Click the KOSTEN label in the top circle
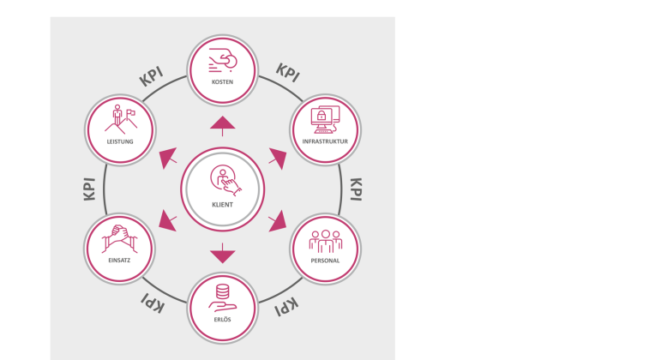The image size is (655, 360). tap(222, 82)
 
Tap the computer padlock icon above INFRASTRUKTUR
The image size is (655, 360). tap(325, 117)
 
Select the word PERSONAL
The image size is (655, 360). tap(325, 260)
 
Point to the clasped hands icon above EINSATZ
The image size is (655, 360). tap(119, 236)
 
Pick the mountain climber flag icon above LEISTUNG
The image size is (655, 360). tap(119, 117)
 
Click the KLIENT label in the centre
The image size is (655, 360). tap(222, 204)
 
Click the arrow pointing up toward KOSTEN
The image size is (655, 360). tap(222, 124)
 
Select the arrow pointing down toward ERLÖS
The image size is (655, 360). tap(222, 253)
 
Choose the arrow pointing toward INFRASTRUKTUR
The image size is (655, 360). tap(277, 158)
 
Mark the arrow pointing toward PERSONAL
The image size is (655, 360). tap(277, 221)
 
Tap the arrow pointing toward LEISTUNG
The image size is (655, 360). tap(168, 158)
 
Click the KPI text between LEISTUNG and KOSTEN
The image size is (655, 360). tap(151, 75)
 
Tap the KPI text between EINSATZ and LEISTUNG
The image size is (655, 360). tap(89, 189)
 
